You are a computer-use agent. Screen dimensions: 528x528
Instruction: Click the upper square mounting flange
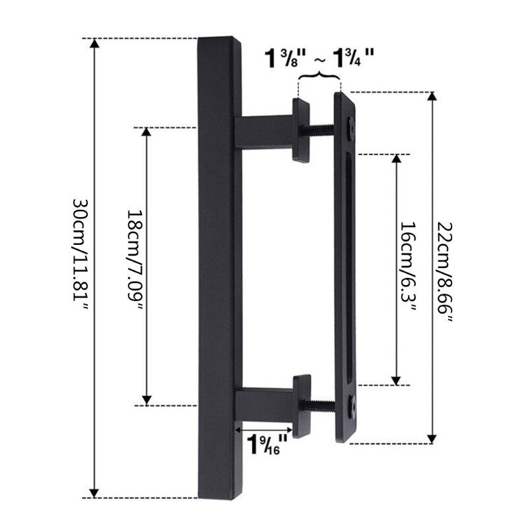click(301, 130)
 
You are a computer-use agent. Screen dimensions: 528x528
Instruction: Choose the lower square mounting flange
click(302, 405)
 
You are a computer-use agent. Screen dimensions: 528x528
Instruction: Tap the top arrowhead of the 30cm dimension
click(94, 44)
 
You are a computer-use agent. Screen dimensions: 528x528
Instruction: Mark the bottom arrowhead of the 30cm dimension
click(94, 492)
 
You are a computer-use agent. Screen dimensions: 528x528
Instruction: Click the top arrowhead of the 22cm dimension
click(432, 97)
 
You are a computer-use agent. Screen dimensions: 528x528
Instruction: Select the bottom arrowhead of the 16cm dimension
click(396, 379)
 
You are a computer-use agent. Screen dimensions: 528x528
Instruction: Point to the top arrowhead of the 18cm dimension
click(147, 133)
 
